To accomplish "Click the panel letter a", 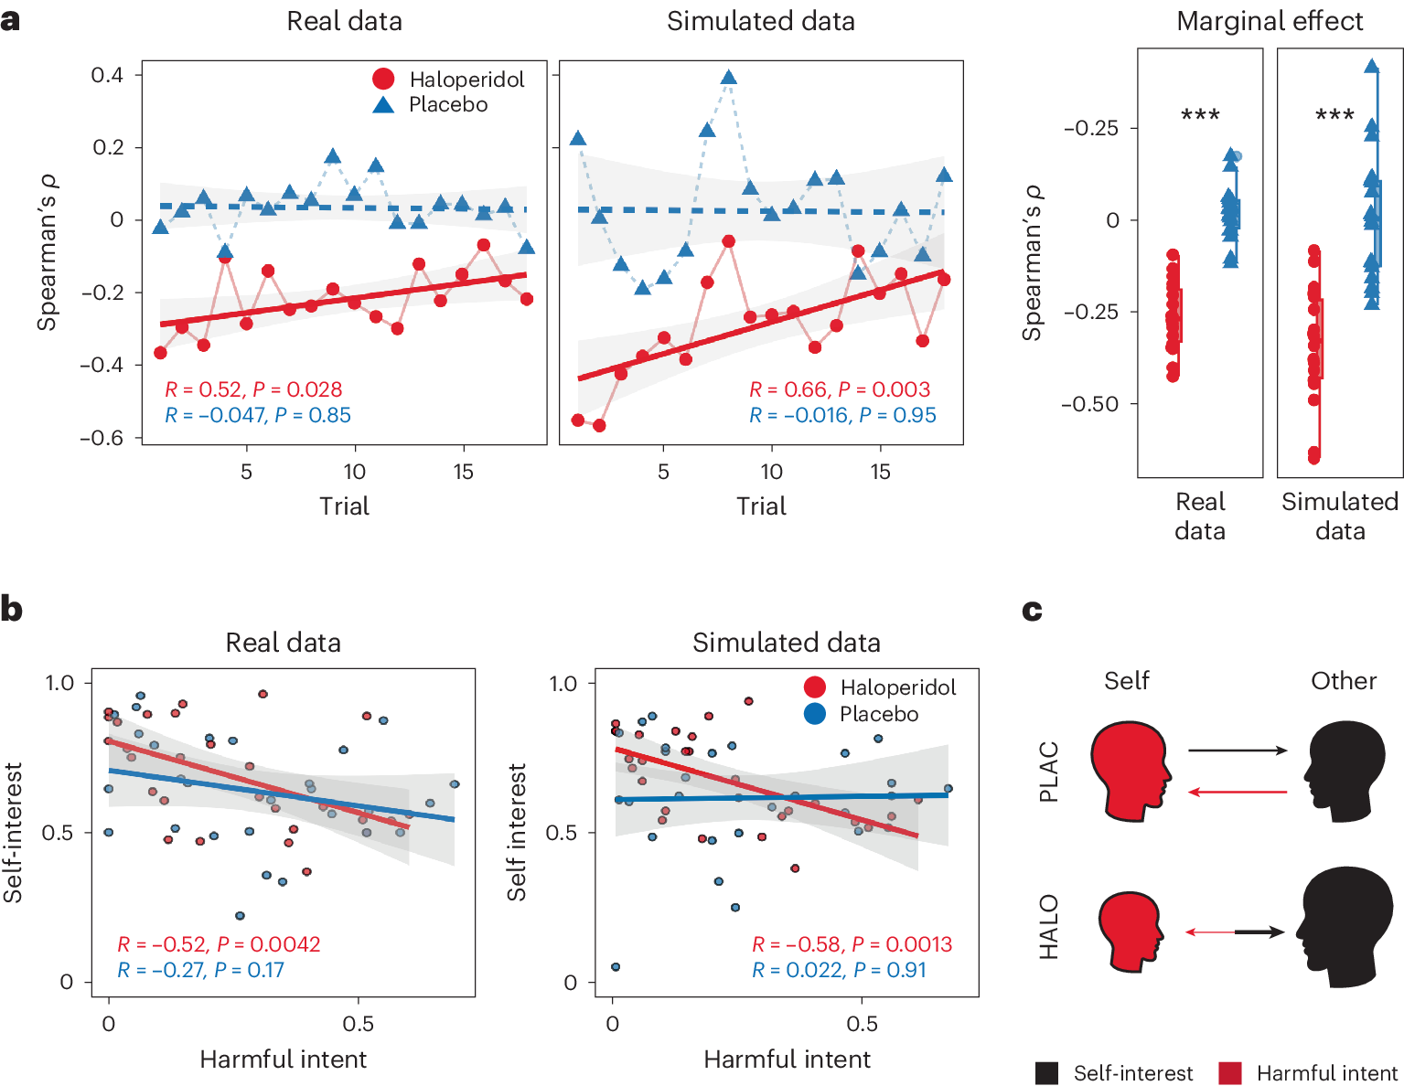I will click(10, 19).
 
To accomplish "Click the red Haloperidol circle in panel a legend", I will click(384, 80).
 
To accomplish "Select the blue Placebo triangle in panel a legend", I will click(384, 104).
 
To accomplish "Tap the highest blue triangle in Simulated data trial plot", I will click(728, 78).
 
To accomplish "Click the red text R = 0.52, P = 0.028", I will click(253, 389).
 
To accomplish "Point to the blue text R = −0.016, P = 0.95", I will click(842, 415).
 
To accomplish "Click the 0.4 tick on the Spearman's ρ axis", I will click(107, 75).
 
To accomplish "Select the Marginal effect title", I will click(1270, 21).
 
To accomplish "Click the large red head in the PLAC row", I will click(1130, 769).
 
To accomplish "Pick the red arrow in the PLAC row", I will click(1237, 792).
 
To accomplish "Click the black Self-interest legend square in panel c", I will click(1047, 1073).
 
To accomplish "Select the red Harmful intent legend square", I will click(1230, 1073).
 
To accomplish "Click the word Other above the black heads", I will click(1343, 681).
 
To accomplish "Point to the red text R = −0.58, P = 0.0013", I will click(852, 944).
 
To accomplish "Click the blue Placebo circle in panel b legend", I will click(815, 714).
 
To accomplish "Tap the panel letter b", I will click(11, 609).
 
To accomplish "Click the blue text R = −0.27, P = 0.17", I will click(200, 970).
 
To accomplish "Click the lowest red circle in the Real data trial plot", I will click(161, 353).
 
